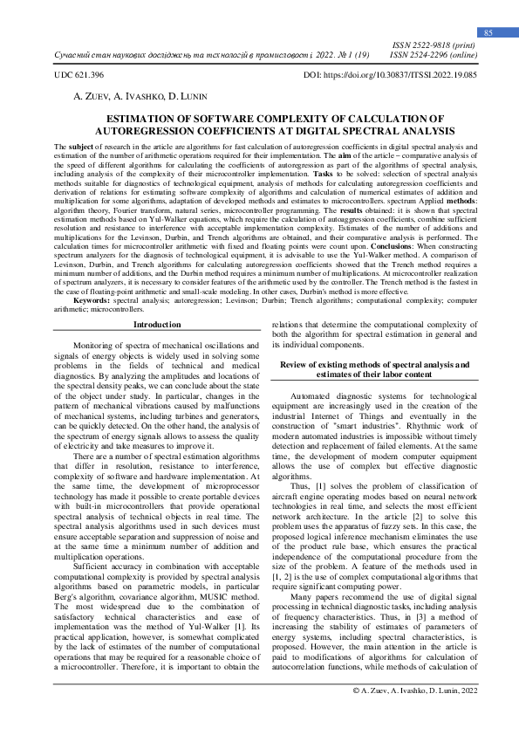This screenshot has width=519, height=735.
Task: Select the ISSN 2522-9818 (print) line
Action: click(x=434, y=44)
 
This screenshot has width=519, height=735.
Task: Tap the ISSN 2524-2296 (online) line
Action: click(x=434, y=54)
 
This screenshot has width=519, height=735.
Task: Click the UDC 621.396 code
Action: click(x=79, y=76)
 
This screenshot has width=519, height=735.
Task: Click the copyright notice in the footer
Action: click(x=414, y=714)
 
